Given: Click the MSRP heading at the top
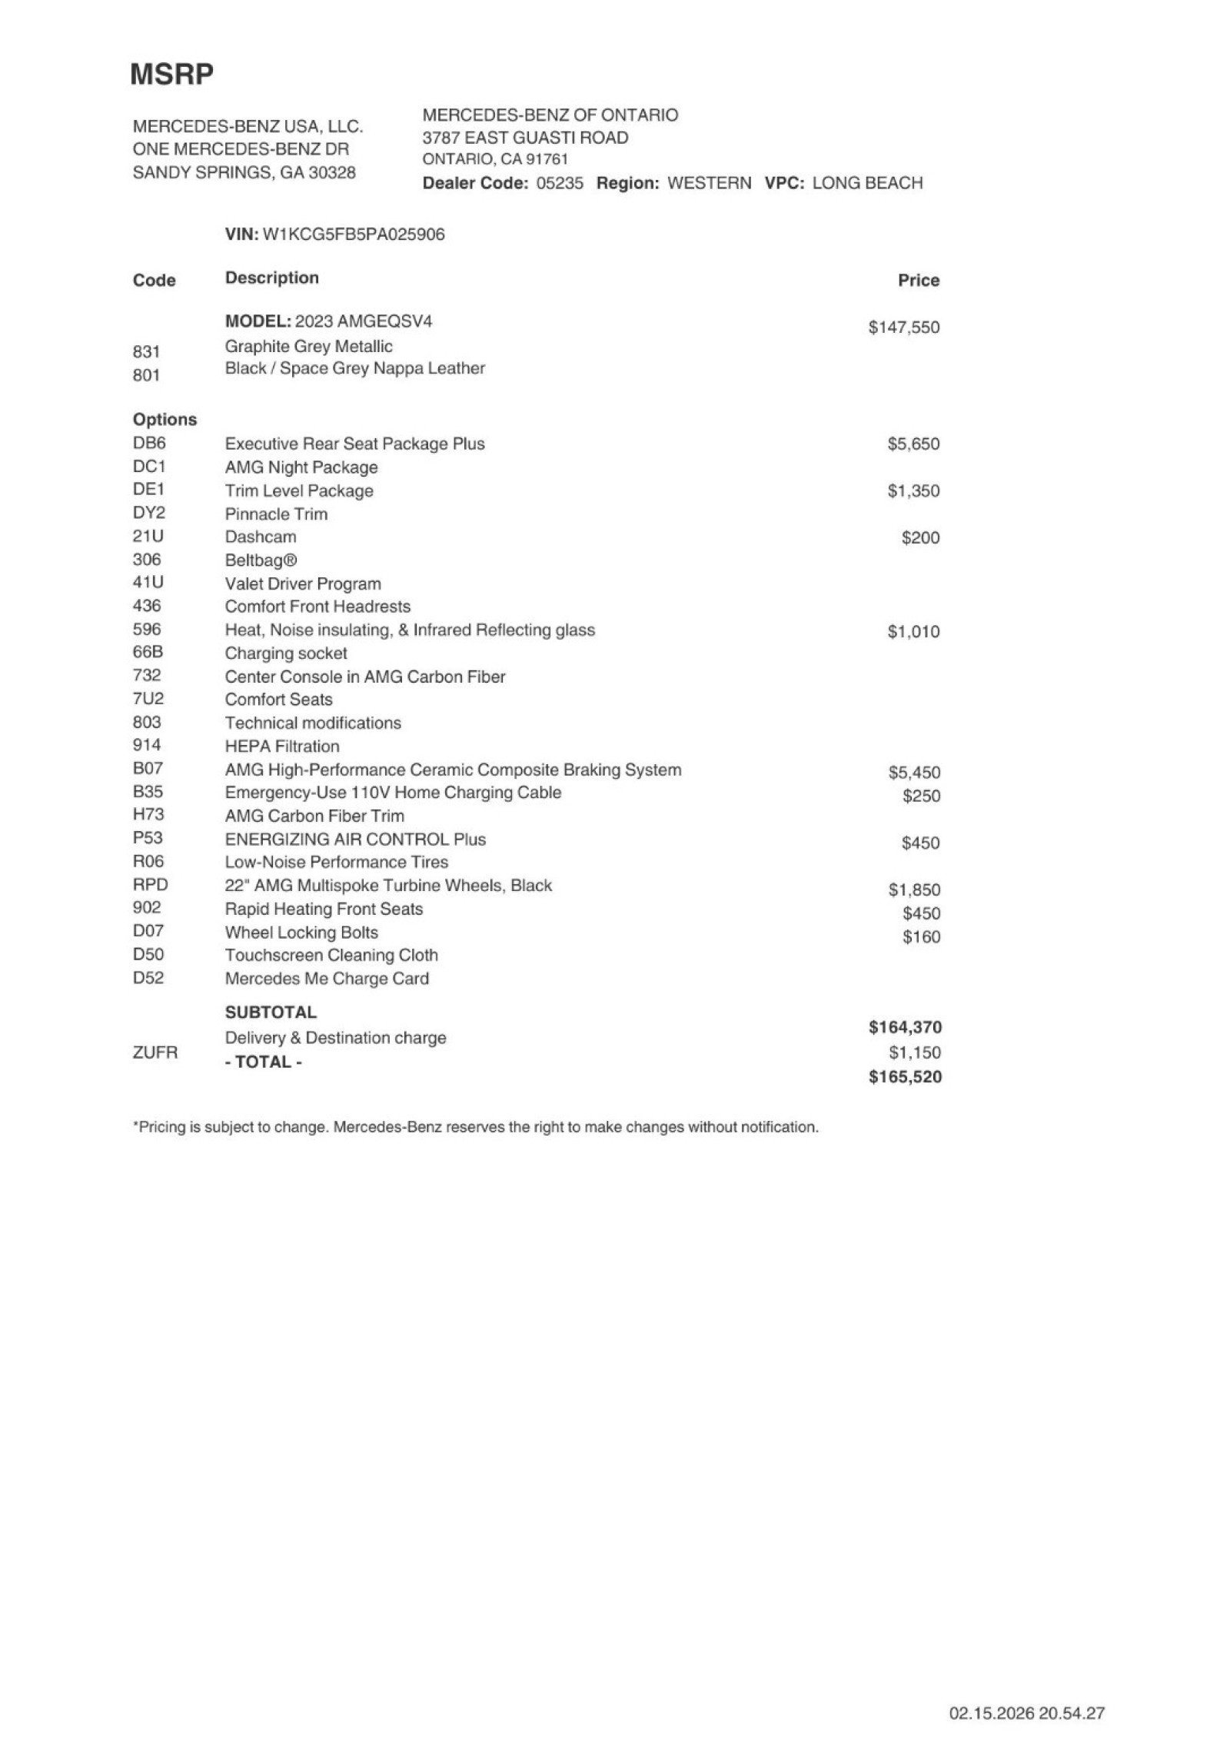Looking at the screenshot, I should pyautogui.click(x=171, y=75).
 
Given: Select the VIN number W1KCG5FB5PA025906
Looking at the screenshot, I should pyautogui.click(x=354, y=234).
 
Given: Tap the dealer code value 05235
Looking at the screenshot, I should pyautogui.click(x=560, y=183).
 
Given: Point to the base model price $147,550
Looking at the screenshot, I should pyautogui.click(x=903, y=328).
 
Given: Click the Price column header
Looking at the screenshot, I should pyautogui.click(x=918, y=281).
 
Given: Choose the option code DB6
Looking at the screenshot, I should pyautogui.click(x=149, y=443).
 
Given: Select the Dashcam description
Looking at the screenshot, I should pyautogui.click(x=261, y=537).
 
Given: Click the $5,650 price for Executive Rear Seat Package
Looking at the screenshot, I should pyautogui.click(x=913, y=444).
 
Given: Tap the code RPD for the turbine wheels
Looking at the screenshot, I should pyautogui.click(x=150, y=884).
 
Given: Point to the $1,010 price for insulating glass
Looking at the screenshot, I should pyautogui.click(x=913, y=632).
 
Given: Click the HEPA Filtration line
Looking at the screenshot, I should pyautogui.click(x=282, y=746).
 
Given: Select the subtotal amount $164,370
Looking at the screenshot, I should pyautogui.click(x=905, y=1027).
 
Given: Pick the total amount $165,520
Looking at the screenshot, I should pyautogui.click(x=905, y=1077).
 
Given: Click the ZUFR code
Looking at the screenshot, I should pyautogui.click(x=155, y=1052).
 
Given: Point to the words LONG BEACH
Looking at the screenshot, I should pyautogui.click(x=867, y=183).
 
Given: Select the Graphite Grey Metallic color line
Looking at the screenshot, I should pyautogui.click(x=308, y=347).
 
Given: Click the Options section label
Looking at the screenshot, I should pyautogui.click(x=165, y=420).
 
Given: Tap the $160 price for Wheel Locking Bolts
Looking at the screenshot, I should pyautogui.click(x=921, y=937).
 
